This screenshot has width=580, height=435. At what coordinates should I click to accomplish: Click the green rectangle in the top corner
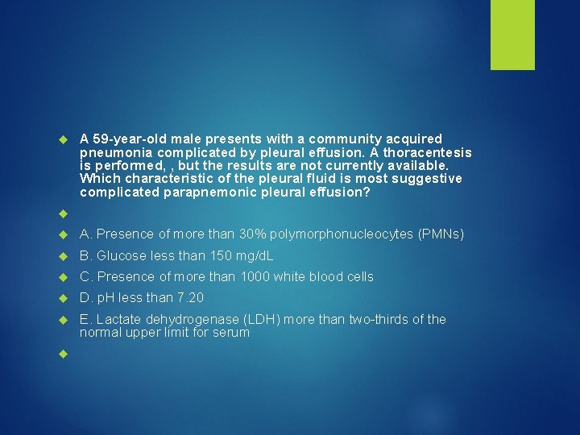pyautogui.click(x=512, y=35)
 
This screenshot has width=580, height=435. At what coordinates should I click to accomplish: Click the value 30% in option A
pyautogui.click(x=254, y=234)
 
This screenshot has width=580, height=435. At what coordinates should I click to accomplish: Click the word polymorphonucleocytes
pyautogui.click(x=342, y=234)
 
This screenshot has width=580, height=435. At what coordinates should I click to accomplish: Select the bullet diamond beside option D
pyautogui.click(x=64, y=298)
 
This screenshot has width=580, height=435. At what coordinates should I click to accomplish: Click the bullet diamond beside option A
pyautogui.click(x=64, y=235)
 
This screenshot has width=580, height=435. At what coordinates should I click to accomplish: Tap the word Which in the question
pyautogui.click(x=97, y=178)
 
